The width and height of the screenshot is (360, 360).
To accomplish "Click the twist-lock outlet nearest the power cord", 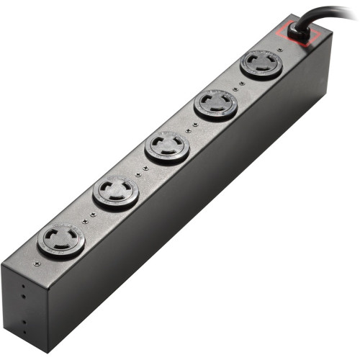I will pyautogui.click(x=261, y=63).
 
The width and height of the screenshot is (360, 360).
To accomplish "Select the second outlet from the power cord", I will pyautogui.click(x=215, y=105).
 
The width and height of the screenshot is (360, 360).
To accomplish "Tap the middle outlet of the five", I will pyautogui.click(x=167, y=148).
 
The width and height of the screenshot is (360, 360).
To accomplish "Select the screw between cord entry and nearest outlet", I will pyautogui.click(x=279, y=50).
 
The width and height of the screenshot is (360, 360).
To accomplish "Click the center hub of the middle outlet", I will pyautogui.click(x=167, y=148).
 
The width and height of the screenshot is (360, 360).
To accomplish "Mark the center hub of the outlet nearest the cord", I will pyautogui.click(x=261, y=63).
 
